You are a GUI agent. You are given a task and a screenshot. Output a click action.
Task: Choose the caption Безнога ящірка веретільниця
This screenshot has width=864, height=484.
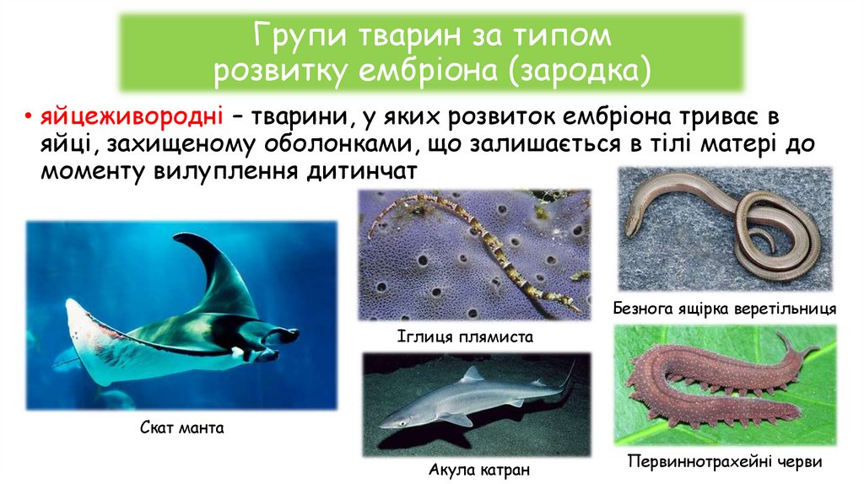pyautogui.click(x=726, y=309)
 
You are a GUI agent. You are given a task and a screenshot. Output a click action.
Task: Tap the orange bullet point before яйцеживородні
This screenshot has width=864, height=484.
pyautogui.click(x=28, y=116)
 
